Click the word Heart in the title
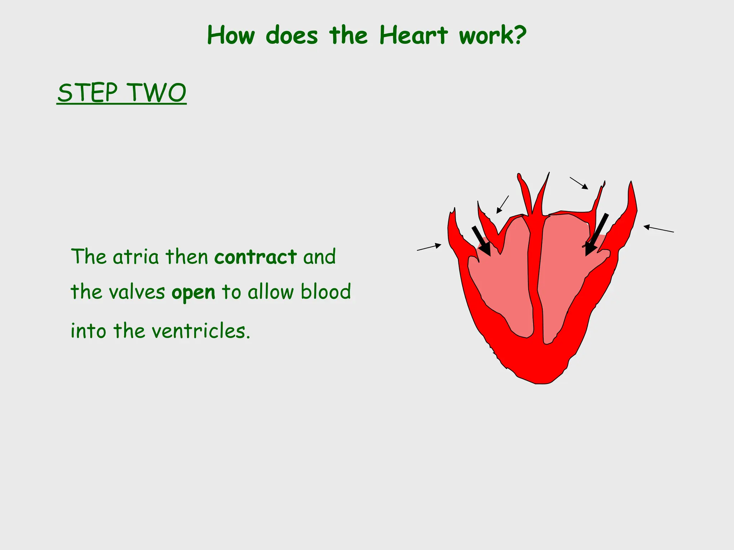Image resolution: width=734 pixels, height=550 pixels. pyautogui.click(x=413, y=35)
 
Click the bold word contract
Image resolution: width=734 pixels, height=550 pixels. pyautogui.click(x=256, y=257)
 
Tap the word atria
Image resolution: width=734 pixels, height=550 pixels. pyautogui.click(x=135, y=257)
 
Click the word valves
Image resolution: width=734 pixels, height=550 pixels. pyautogui.click(x=137, y=292)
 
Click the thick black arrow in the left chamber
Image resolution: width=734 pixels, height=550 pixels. pyautogui.click(x=481, y=241)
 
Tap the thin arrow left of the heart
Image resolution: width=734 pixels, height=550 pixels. pyautogui.click(x=429, y=247)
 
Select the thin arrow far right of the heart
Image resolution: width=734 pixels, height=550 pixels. pyautogui.click(x=658, y=229)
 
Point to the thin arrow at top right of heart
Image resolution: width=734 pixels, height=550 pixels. pyautogui.click(x=579, y=183)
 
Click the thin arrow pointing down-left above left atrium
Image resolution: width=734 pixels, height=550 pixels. pyautogui.click(x=502, y=204)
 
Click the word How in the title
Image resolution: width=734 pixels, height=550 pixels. pyautogui.click(x=231, y=35)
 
